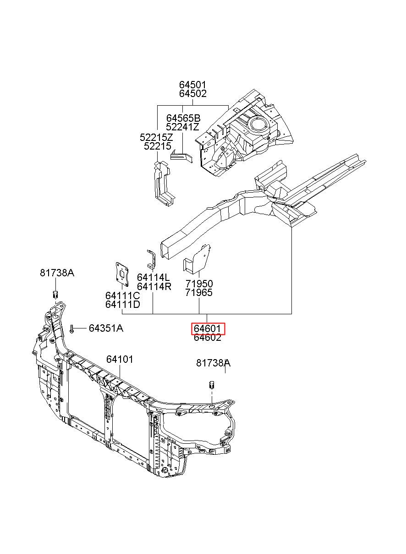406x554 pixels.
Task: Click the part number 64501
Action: [x=192, y=85]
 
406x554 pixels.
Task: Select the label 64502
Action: [x=192, y=94]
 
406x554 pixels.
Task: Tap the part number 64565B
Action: [x=183, y=118]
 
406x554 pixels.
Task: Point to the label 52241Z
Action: [x=182, y=127]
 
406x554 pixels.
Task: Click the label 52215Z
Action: [x=156, y=137]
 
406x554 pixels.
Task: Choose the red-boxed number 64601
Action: [x=207, y=328]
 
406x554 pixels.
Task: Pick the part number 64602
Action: [x=207, y=338]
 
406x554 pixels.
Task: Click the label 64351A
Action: [x=106, y=328]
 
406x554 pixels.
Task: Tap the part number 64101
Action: [x=120, y=360]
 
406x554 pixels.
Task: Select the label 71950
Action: [x=199, y=284]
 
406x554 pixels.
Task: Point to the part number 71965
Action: [x=199, y=293]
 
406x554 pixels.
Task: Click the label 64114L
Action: [x=154, y=278]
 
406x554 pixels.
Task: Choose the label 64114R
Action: [x=154, y=287]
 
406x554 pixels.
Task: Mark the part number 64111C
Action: [x=123, y=296]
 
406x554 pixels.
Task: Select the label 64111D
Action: [x=123, y=305]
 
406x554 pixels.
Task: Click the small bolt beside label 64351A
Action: [x=71, y=329]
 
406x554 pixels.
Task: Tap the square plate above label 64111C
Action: [x=122, y=274]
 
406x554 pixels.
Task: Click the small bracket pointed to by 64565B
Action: [x=181, y=156]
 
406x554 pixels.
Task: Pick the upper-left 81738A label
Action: [x=57, y=273]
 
